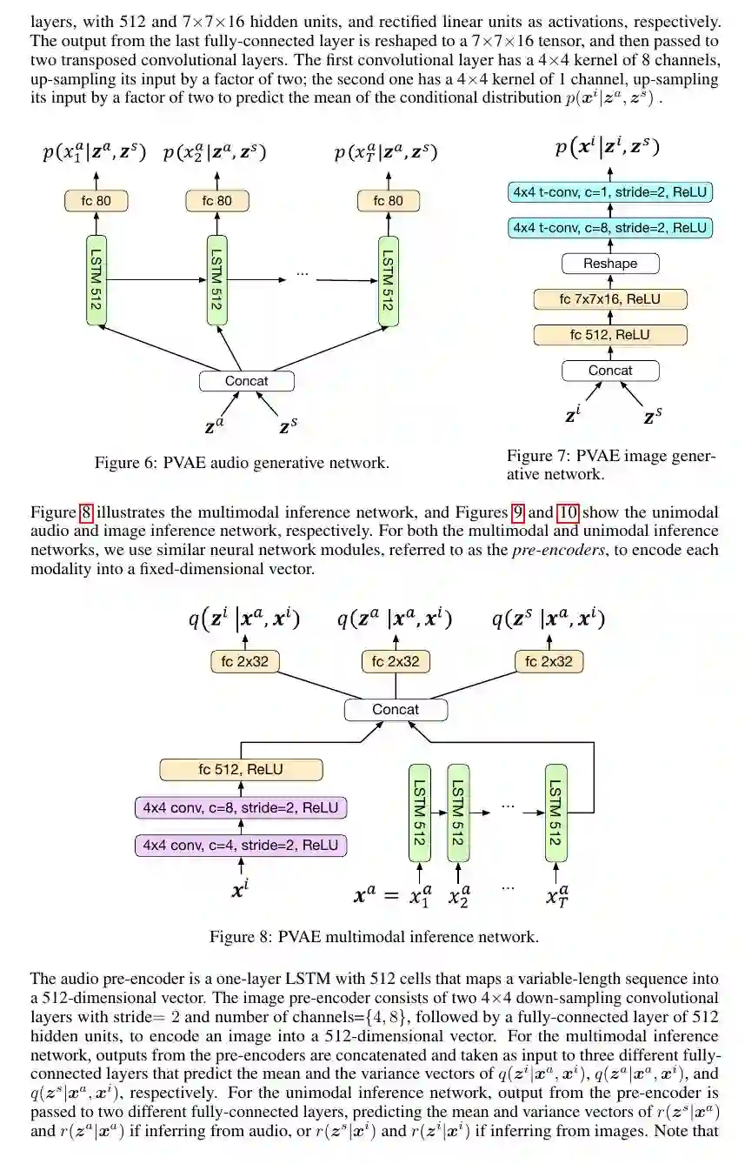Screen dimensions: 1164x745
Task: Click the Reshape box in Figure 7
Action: point(609,263)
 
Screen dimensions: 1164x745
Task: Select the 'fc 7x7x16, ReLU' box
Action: point(609,299)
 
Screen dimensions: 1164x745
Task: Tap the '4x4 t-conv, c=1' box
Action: point(609,191)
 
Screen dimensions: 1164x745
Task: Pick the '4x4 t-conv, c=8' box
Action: point(609,228)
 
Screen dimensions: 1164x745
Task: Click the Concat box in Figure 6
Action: point(246,380)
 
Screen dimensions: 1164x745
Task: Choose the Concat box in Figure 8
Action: point(396,709)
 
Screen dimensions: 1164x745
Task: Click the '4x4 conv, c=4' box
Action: point(241,845)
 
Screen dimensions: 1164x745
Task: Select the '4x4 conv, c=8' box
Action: point(241,807)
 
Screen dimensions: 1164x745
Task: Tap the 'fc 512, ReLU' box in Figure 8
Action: point(241,770)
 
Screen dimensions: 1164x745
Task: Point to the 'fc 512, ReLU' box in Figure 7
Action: point(609,335)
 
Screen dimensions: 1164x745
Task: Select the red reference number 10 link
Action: point(568,512)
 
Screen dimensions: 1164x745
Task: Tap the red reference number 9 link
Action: point(518,512)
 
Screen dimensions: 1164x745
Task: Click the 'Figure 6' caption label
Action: point(125,463)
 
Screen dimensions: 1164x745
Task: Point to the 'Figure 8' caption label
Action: point(240,937)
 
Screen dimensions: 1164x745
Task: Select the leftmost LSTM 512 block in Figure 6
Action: point(96,279)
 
